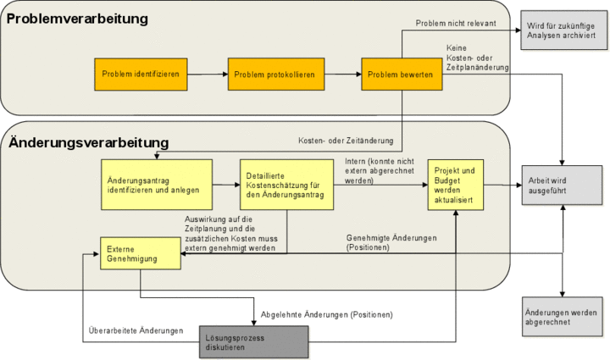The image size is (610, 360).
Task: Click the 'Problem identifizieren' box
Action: click(141, 75)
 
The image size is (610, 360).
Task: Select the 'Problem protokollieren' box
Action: click(274, 75)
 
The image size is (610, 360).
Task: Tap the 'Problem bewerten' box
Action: click(401, 75)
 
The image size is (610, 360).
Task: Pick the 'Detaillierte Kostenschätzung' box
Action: click(286, 184)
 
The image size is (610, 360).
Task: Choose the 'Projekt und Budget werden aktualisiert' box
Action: click(456, 184)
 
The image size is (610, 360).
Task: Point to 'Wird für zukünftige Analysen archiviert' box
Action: click(560, 31)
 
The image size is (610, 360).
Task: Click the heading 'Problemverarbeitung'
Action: click(78, 19)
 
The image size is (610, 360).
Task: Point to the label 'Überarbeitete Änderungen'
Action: click(136, 330)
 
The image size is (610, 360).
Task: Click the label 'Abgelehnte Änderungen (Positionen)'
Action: click(327, 314)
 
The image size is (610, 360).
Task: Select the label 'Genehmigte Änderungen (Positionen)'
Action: click(391, 242)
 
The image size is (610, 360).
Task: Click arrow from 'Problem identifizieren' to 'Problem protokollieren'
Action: click(207, 75)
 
